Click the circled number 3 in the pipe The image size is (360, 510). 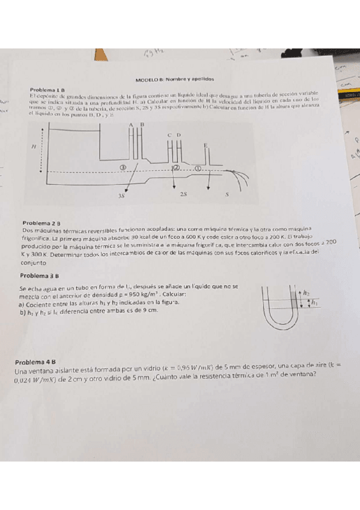(x=124, y=168)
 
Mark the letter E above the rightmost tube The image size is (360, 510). (x=206, y=146)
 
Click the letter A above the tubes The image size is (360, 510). (x=130, y=124)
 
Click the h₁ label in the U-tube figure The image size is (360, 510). (x=314, y=303)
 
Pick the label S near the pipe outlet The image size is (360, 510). (x=227, y=195)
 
